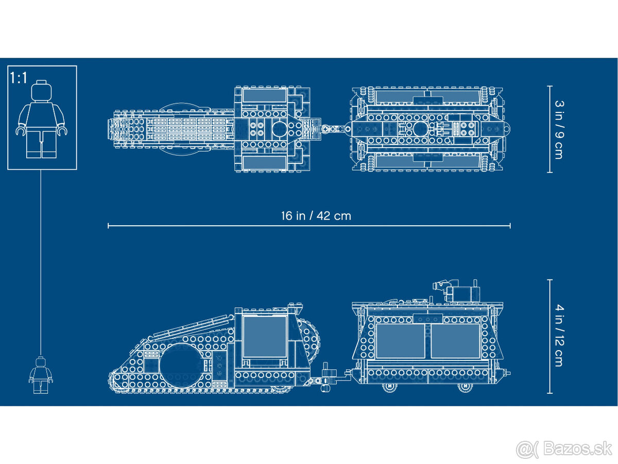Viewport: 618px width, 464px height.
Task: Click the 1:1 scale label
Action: click(x=19, y=78)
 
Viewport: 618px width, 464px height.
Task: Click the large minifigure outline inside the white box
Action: click(x=42, y=121)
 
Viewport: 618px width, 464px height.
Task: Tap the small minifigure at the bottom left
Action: click(x=40, y=375)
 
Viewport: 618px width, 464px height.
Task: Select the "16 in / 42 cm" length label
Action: click(x=316, y=216)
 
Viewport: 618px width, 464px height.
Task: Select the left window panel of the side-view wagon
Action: click(x=400, y=341)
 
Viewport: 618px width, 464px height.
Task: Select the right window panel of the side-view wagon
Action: click(x=455, y=341)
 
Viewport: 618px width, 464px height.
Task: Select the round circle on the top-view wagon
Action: click(x=418, y=129)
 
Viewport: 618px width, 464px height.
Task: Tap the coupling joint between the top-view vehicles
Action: click(x=335, y=129)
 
